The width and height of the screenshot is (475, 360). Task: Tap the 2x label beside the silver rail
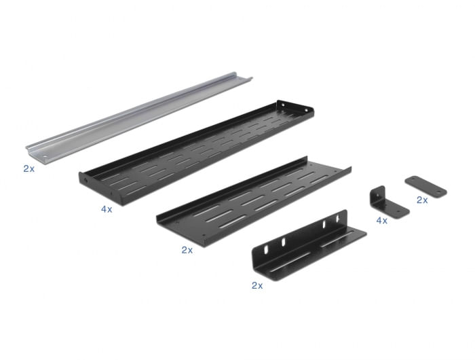pos(28,168)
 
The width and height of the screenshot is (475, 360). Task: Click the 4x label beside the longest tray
pos(107,210)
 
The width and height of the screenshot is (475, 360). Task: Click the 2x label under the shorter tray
pos(187,250)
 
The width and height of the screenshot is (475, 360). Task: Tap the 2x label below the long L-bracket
pos(256,286)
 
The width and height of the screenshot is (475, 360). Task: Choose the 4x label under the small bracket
pos(381,220)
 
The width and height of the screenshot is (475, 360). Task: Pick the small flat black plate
pos(425,186)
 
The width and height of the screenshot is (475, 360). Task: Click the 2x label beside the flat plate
pos(422,200)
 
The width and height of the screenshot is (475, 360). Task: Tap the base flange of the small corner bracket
pos(396,209)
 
